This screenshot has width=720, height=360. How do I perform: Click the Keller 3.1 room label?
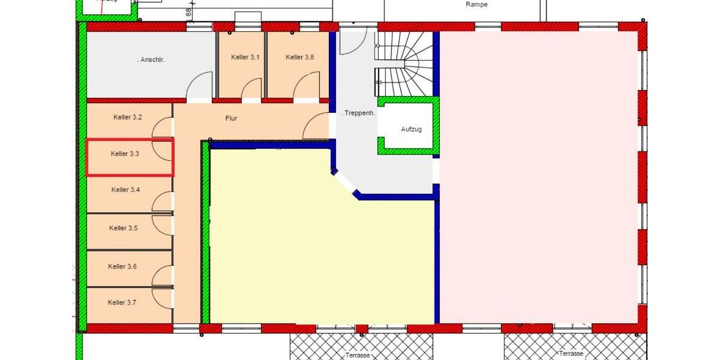[245, 57]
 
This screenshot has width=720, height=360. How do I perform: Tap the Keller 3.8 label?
[300, 57]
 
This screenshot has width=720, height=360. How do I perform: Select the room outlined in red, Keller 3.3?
[130, 158]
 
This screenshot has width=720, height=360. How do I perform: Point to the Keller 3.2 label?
[128, 117]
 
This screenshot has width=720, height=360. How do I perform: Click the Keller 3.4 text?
[126, 190]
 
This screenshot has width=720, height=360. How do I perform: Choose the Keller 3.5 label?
[124, 228]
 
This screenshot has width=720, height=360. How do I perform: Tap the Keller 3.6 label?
[122, 266]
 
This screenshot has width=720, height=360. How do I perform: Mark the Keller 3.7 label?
[122, 302]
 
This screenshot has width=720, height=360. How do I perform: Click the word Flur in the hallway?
[231, 118]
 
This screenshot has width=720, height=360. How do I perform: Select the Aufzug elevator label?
[412, 129]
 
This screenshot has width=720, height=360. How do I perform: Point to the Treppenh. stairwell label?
[358, 113]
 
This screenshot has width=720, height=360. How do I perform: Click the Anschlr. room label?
[151, 59]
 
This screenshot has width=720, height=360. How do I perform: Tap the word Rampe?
[476, 5]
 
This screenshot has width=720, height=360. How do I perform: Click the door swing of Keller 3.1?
[253, 89]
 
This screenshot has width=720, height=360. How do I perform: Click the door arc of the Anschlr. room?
[200, 85]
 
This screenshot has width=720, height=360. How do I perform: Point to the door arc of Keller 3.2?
[163, 127]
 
